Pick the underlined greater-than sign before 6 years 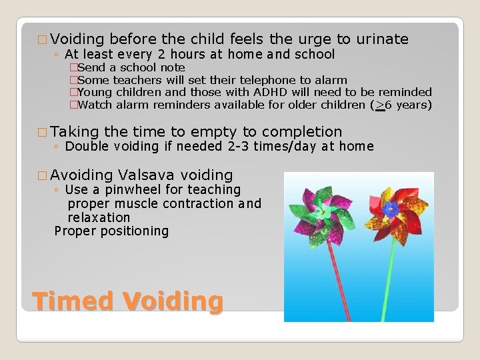coord(380,105)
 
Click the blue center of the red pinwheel coord(392,209)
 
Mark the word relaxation coord(99,217)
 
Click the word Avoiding coord(81,175)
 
